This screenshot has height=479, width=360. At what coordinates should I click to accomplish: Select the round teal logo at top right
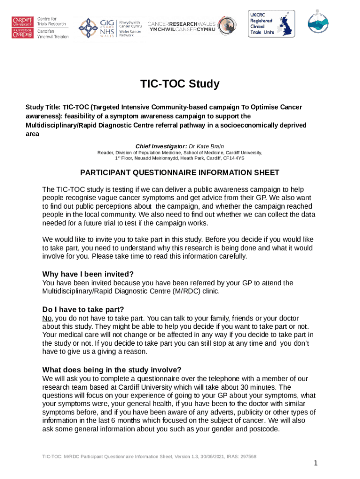pyautogui.click(x=318, y=21)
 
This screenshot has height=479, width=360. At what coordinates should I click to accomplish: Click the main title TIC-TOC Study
pyautogui.click(x=180, y=84)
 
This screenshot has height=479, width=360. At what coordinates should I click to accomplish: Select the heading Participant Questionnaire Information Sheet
pyautogui.click(x=180, y=172)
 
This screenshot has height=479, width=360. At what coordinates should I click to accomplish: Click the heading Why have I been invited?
pyautogui.click(x=88, y=274)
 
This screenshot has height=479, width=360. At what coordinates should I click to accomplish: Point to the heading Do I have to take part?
pyautogui.click(x=83, y=309)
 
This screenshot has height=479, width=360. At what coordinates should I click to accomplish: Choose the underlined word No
pyautogui.click(x=47, y=318)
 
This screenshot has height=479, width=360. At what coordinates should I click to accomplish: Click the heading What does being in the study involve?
pyautogui.click(x=112, y=369)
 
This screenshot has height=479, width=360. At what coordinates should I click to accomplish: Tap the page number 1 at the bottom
pyautogui.click(x=316, y=463)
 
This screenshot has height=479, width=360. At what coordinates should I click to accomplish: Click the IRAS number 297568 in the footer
pyautogui.click(x=247, y=456)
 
